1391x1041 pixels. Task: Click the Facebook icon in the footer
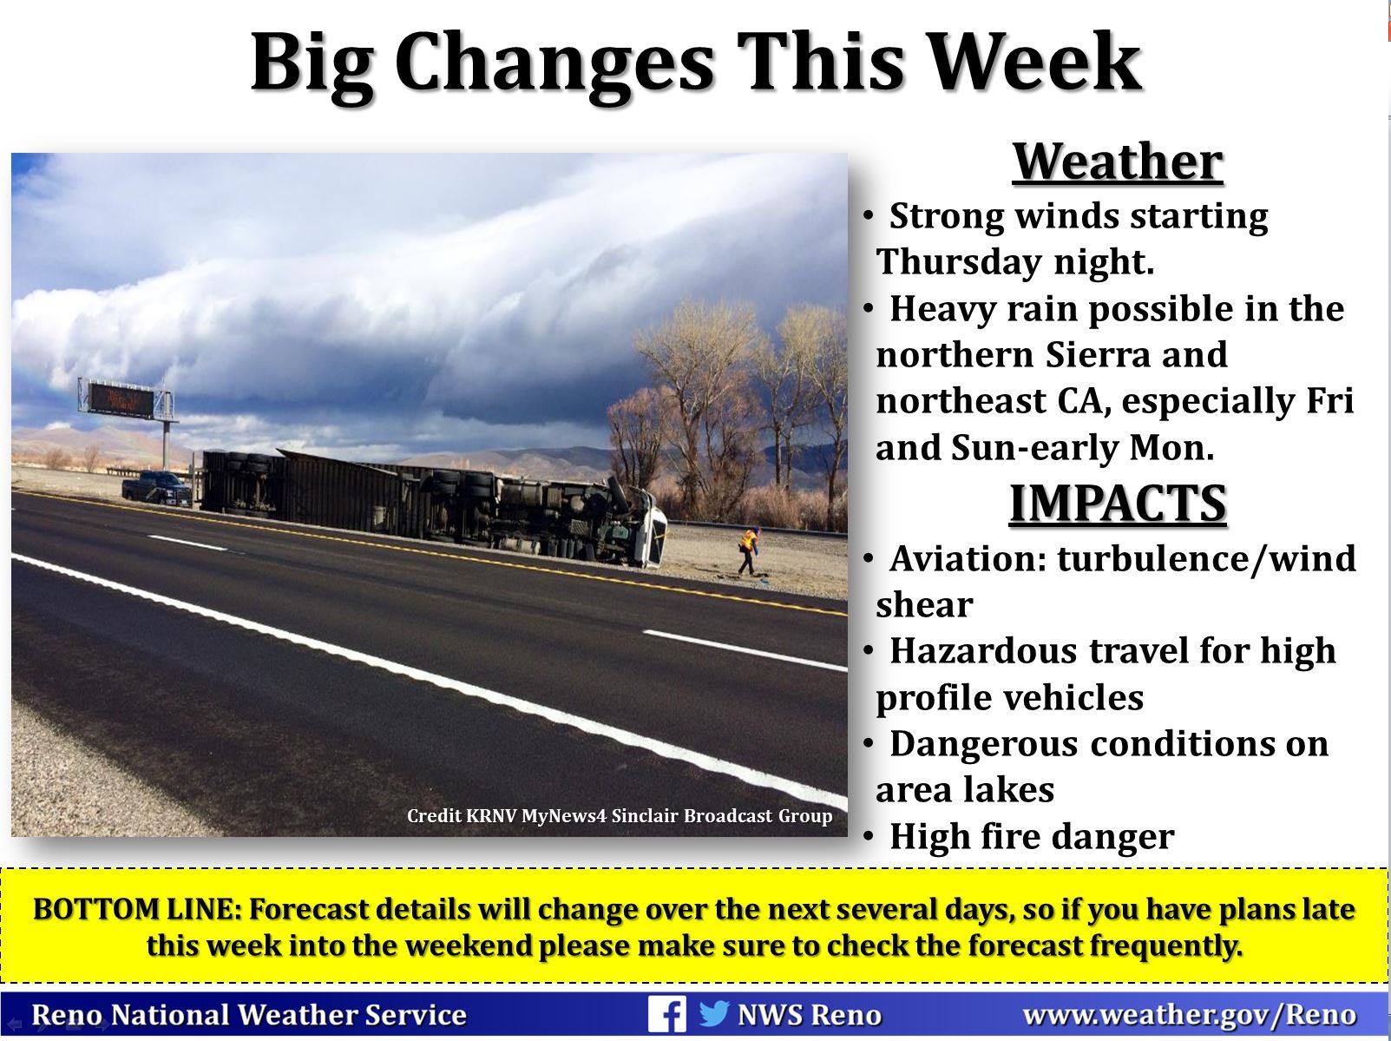point(666,1014)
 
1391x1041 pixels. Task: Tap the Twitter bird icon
point(714,1013)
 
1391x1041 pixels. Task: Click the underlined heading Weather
point(1118,162)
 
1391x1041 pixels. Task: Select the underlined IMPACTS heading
point(1118,504)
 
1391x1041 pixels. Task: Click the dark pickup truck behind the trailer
point(156,488)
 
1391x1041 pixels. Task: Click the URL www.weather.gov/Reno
point(1189,1015)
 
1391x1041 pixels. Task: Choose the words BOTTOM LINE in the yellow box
point(136,910)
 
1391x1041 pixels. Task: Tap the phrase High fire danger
point(1032,837)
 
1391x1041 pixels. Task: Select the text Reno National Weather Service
point(249,1015)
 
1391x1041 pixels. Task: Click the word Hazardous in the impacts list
point(984,651)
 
